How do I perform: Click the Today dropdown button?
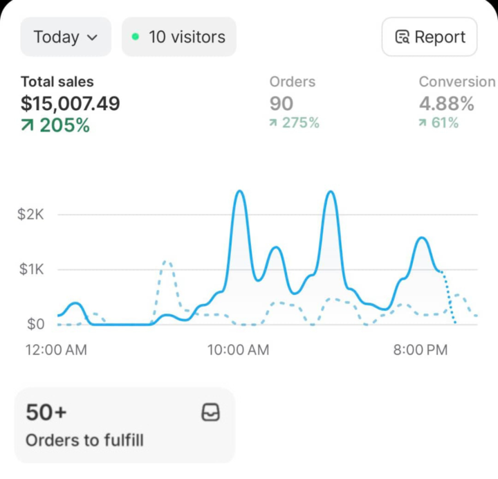pyautogui.click(x=65, y=37)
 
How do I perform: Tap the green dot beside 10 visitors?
pyautogui.click(x=135, y=36)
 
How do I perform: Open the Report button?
pyautogui.click(x=429, y=37)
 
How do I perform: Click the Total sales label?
pyautogui.click(x=57, y=82)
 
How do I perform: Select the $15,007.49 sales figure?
pyautogui.click(x=70, y=104)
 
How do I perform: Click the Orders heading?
pyautogui.click(x=292, y=82)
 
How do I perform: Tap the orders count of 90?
pyautogui.click(x=282, y=104)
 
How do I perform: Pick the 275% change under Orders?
pyautogui.click(x=295, y=123)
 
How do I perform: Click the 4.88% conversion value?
pyautogui.click(x=447, y=104)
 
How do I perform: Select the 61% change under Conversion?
pyautogui.click(x=439, y=123)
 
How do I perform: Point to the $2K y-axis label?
pyautogui.click(x=31, y=215)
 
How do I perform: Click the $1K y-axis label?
pyautogui.click(x=31, y=269)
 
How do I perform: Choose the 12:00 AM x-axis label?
pyautogui.click(x=57, y=350)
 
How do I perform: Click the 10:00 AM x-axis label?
pyautogui.click(x=238, y=350)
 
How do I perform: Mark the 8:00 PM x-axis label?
pyautogui.click(x=421, y=350)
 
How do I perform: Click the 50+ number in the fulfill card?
pyautogui.click(x=46, y=413)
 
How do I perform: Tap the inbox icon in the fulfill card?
pyautogui.click(x=210, y=413)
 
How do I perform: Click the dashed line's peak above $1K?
pyautogui.click(x=166, y=262)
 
